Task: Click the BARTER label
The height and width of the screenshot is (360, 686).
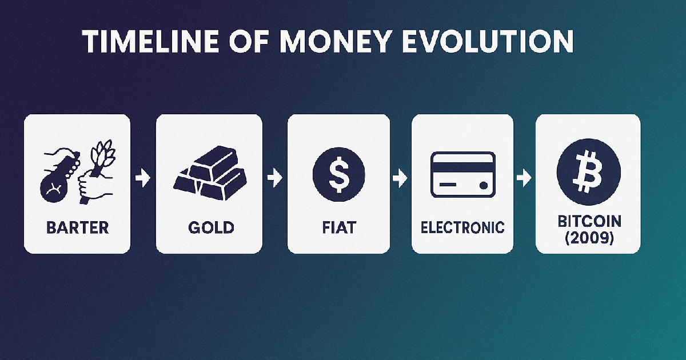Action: click(77, 227)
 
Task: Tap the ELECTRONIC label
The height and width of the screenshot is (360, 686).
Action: click(462, 227)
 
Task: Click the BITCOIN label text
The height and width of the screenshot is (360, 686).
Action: click(588, 221)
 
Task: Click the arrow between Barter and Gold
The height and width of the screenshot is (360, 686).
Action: click(143, 179)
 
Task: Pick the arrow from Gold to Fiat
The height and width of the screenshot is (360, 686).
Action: click(275, 179)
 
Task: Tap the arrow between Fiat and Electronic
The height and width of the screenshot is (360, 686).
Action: click(399, 179)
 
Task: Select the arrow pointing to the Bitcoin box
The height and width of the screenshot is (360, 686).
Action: click(523, 179)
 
